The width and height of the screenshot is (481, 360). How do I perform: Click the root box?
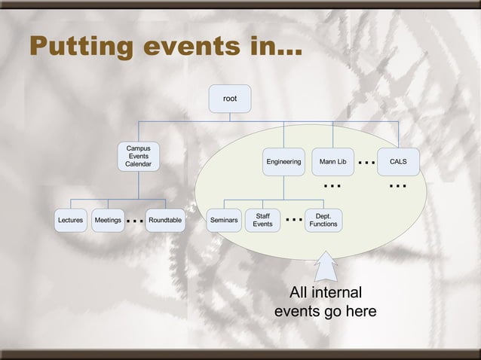[x=229, y=99]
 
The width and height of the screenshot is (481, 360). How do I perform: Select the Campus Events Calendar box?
[x=138, y=156]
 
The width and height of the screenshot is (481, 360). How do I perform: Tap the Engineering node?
[x=283, y=161]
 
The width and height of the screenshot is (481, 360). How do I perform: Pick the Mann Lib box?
[x=332, y=161]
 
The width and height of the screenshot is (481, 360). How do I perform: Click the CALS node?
[x=398, y=161]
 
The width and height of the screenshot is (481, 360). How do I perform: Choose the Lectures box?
[x=70, y=221]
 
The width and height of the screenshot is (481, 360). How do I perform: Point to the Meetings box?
[x=108, y=221]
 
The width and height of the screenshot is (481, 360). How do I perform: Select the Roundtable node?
[x=165, y=221]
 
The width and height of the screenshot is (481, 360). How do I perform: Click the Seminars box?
[x=224, y=221]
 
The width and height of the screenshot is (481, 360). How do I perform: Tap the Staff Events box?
[x=262, y=220]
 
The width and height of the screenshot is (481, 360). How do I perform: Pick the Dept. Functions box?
[x=323, y=220]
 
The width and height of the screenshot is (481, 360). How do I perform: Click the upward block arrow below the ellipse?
[x=325, y=267]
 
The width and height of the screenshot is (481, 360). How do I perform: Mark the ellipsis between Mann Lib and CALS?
[x=366, y=162]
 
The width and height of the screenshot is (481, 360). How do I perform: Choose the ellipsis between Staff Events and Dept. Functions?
[x=294, y=220]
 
